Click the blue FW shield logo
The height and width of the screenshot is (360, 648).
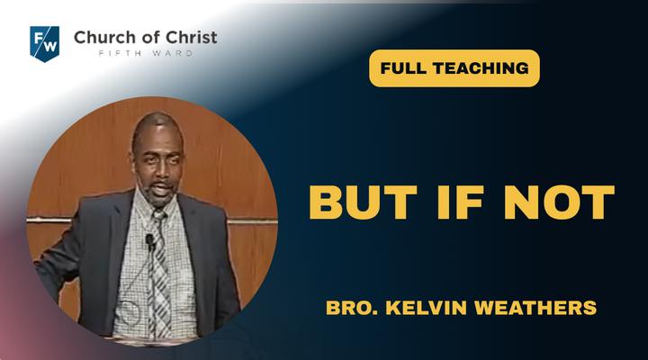(x=45, y=44)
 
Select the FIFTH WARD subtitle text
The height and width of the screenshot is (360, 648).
(x=146, y=53)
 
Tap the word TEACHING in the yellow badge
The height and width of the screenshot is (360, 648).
(x=481, y=68)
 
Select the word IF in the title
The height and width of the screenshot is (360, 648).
(x=461, y=202)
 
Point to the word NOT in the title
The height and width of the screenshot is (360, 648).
(x=559, y=202)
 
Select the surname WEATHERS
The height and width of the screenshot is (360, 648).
(x=535, y=308)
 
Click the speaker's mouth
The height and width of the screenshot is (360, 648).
(x=162, y=189)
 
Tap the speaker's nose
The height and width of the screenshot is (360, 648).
(x=164, y=173)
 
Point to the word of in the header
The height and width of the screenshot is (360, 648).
(x=151, y=37)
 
